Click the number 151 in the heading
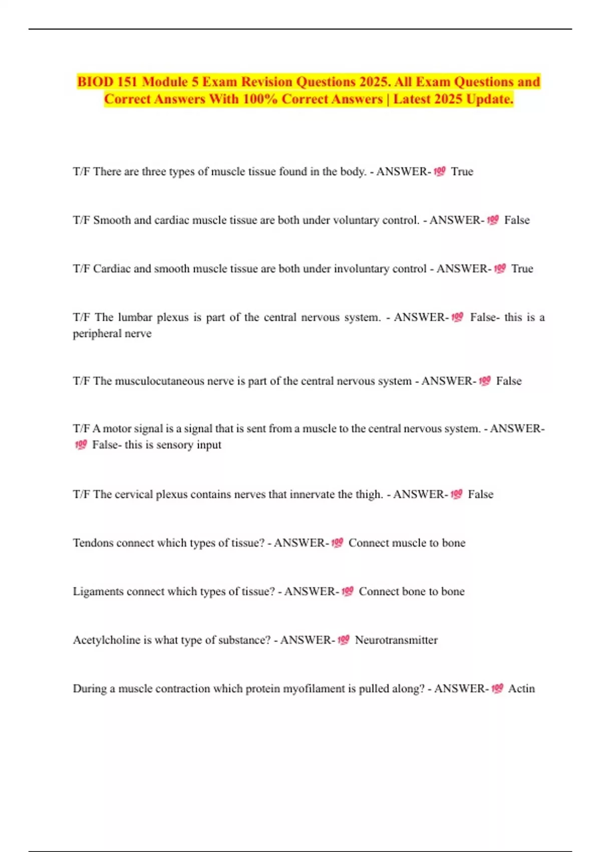click(128, 82)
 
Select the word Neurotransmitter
click(396, 640)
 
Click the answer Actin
click(521, 689)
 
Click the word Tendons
click(93, 543)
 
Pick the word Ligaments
click(98, 591)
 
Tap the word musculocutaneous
click(159, 381)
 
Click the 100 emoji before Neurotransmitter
click(343, 640)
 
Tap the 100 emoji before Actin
click(497, 689)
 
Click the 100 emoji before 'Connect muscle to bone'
click(337, 543)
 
